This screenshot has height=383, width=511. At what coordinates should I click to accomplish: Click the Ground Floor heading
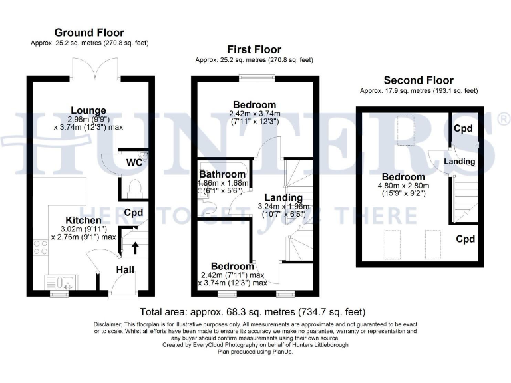click(89, 33)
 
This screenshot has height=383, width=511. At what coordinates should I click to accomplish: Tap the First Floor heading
click(254, 49)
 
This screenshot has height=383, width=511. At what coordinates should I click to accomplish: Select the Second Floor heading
click(419, 79)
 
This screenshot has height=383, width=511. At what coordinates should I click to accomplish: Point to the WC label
click(134, 162)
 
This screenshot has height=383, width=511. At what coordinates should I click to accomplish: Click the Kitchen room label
click(83, 220)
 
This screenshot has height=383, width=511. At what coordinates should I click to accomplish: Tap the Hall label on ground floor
click(126, 271)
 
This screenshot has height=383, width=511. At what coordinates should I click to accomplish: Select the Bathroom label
click(222, 174)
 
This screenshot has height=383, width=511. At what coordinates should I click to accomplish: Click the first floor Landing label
click(283, 197)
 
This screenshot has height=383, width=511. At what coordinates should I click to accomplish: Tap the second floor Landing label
click(459, 162)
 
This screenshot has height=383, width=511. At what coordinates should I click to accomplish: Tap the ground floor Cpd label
click(134, 213)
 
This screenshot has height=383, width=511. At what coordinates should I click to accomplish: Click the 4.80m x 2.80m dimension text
click(401, 186)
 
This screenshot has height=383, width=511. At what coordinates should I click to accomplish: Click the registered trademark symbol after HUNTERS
click(503, 120)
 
